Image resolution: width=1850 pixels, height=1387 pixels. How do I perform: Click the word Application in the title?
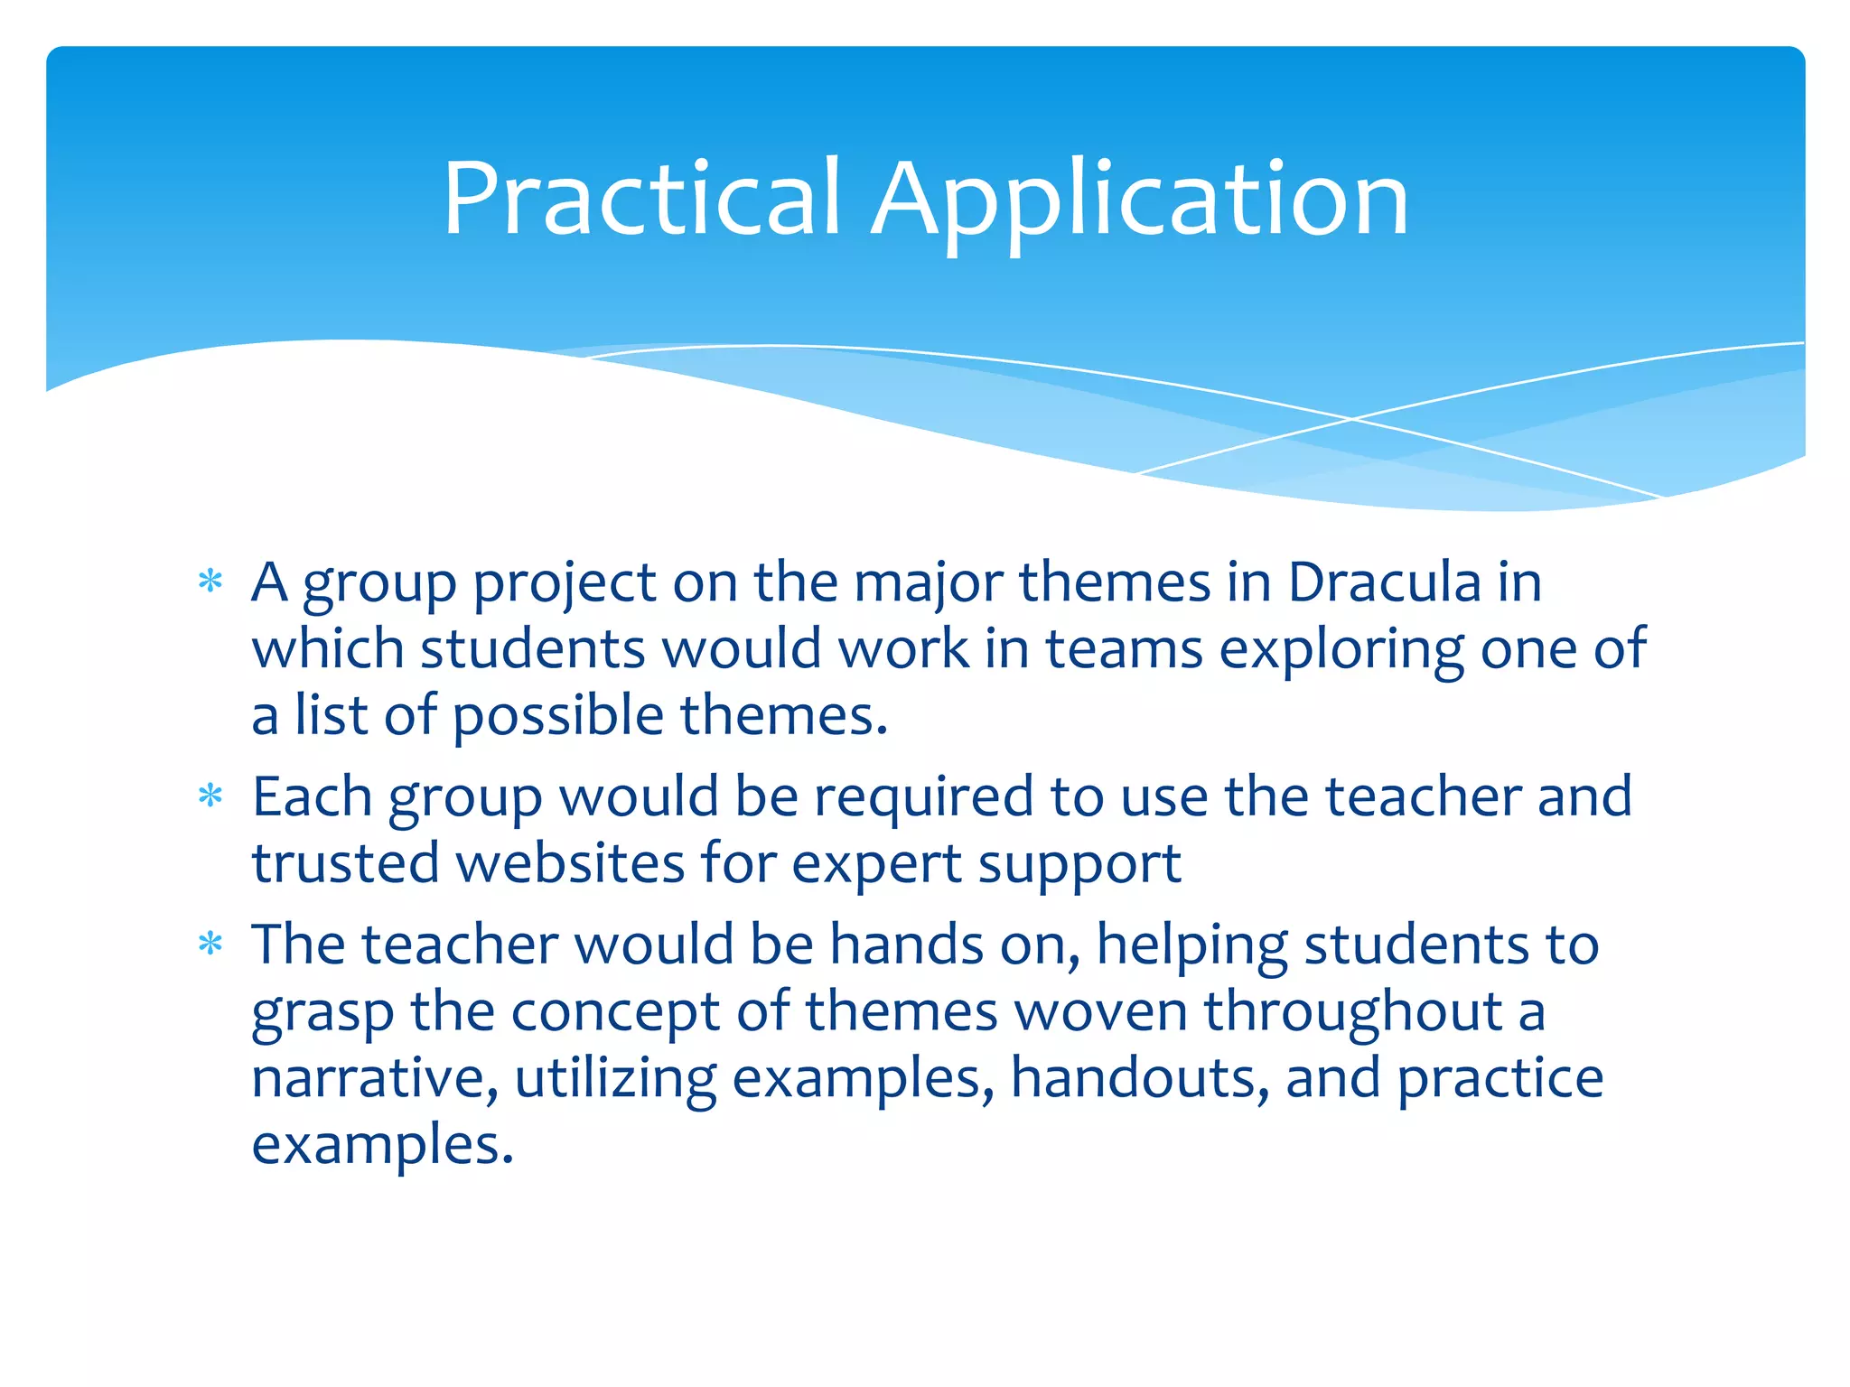(1139, 200)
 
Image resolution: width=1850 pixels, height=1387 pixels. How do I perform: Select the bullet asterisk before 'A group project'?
(210, 581)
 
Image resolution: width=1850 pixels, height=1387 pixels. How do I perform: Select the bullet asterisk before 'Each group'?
(210, 796)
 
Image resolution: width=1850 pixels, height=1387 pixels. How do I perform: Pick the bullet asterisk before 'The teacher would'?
(210, 944)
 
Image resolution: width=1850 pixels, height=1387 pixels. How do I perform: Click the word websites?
(570, 863)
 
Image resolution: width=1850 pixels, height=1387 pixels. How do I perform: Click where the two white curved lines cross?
(1352, 419)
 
